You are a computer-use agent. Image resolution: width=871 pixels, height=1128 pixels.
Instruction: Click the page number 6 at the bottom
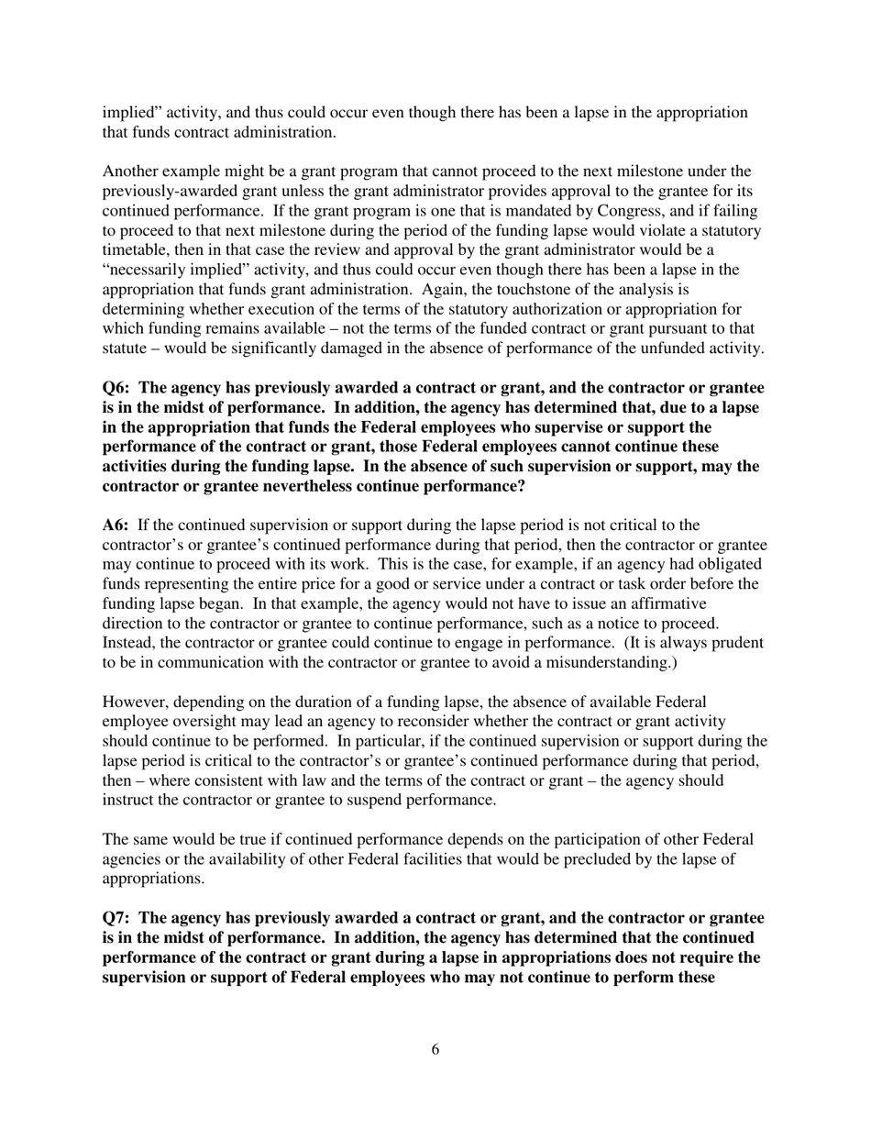[x=435, y=1050]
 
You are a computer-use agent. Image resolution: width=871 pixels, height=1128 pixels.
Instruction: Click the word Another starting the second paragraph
[x=129, y=171]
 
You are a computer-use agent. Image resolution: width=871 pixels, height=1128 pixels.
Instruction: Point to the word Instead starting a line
[x=127, y=643]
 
